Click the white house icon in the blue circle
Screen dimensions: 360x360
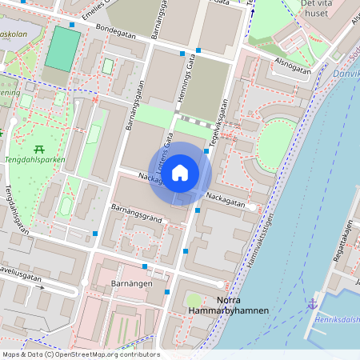(x=180, y=172)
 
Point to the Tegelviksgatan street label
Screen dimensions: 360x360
(x=218, y=123)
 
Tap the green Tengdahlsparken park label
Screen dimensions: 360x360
(x=38, y=158)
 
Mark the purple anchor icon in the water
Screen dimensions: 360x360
(x=311, y=304)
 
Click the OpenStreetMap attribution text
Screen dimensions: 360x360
(x=80, y=354)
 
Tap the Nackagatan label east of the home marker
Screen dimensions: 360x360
(x=223, y=195)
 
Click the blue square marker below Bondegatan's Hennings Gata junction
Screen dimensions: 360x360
(x=198, y=50)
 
